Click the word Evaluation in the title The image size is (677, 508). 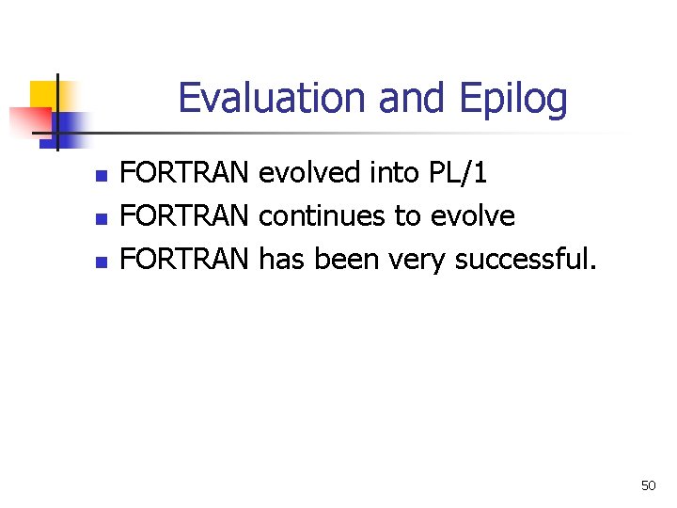[x=272, y=98]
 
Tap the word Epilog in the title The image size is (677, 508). [x=513, y=101]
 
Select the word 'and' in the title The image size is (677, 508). [x=411, y=98]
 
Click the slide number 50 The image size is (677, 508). [x=648, y=485]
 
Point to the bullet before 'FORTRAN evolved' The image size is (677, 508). [x=102, y=176]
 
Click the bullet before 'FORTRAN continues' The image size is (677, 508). [x=102, y=219]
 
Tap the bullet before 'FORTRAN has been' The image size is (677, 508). [x=102, y=262]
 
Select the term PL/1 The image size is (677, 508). [x=458, y=173]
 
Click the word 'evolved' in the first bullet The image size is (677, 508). [x=308, y=172]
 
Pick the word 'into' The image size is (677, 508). [x=395, y=172]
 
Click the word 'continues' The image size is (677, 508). [x=322, y=215]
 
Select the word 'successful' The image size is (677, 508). [x=521, y=259]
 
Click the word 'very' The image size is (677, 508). [x=417, y=262]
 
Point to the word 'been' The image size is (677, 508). [x=346, y=259]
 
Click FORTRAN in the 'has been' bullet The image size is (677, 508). [x=184, y=259]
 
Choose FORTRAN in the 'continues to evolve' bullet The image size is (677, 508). [x=184, y=215]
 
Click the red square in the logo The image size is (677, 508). [x=31, y=122]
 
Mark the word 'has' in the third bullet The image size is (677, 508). [x=281, y=259]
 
